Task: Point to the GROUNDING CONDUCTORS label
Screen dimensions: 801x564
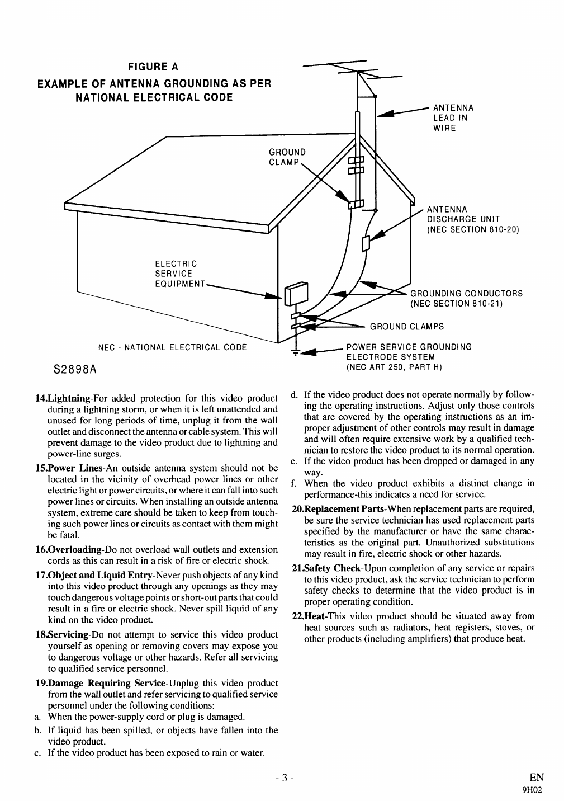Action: click(466, 298)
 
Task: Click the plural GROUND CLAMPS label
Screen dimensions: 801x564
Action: click(407, 327)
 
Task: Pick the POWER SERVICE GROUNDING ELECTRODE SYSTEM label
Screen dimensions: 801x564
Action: click(409, 357)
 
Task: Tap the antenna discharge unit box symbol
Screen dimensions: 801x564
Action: click(366, 243)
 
